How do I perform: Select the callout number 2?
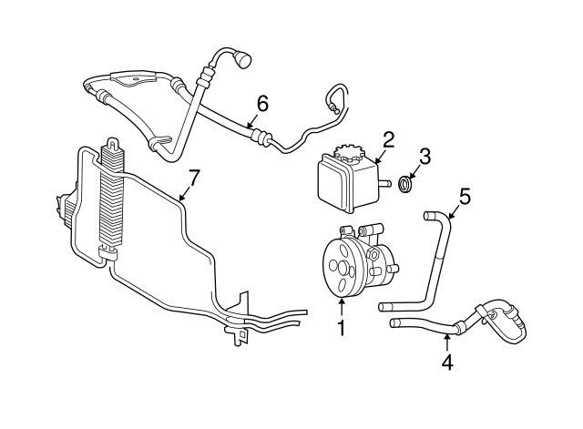388,139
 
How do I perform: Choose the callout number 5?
465,195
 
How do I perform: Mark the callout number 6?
261,104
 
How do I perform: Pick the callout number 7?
192,177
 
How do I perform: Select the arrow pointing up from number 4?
446,344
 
